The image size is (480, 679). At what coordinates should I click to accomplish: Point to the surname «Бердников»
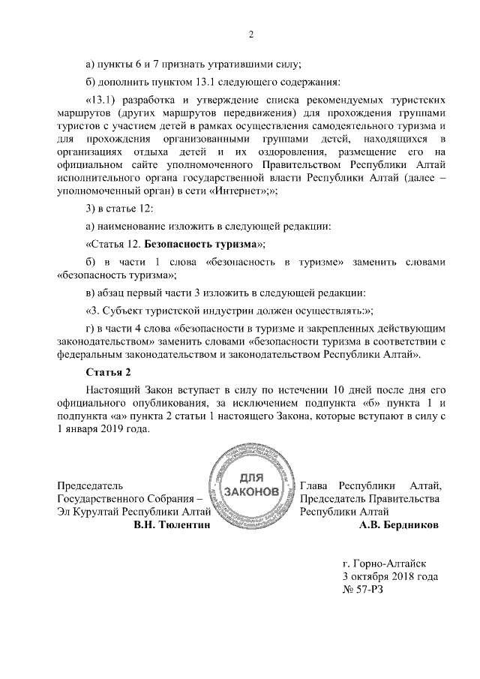coord(409,525)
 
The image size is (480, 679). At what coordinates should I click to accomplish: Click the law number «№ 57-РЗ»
coord(362,590)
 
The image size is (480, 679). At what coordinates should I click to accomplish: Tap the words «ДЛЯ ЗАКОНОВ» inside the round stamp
coord(252,485)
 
